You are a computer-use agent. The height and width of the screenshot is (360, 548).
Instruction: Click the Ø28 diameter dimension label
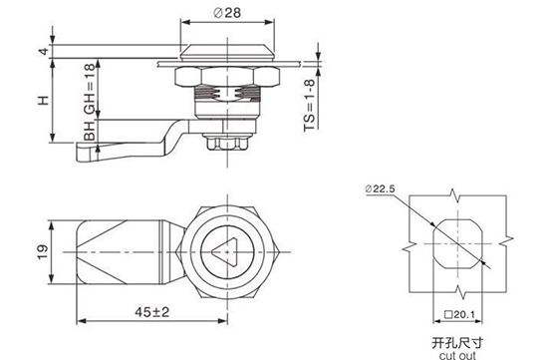pos(227,13)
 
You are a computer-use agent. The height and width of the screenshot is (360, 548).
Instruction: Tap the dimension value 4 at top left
pos(44,51)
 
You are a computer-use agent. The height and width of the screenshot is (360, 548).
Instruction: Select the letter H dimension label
pos(43,101)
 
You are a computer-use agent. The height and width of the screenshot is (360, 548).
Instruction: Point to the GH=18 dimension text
pos(90,89)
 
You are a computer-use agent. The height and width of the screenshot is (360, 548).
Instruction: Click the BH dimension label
pos(90,132)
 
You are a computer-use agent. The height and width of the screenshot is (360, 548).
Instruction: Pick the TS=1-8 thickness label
pos(310,105)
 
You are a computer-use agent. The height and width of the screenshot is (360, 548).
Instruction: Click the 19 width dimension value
pos(43,252)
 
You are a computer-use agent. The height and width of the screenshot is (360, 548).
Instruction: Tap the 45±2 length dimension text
pos(152,312)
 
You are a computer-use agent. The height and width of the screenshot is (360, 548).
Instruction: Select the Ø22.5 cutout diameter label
pos(380,188)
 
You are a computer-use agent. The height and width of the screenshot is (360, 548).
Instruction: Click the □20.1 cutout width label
pos(459,315)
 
